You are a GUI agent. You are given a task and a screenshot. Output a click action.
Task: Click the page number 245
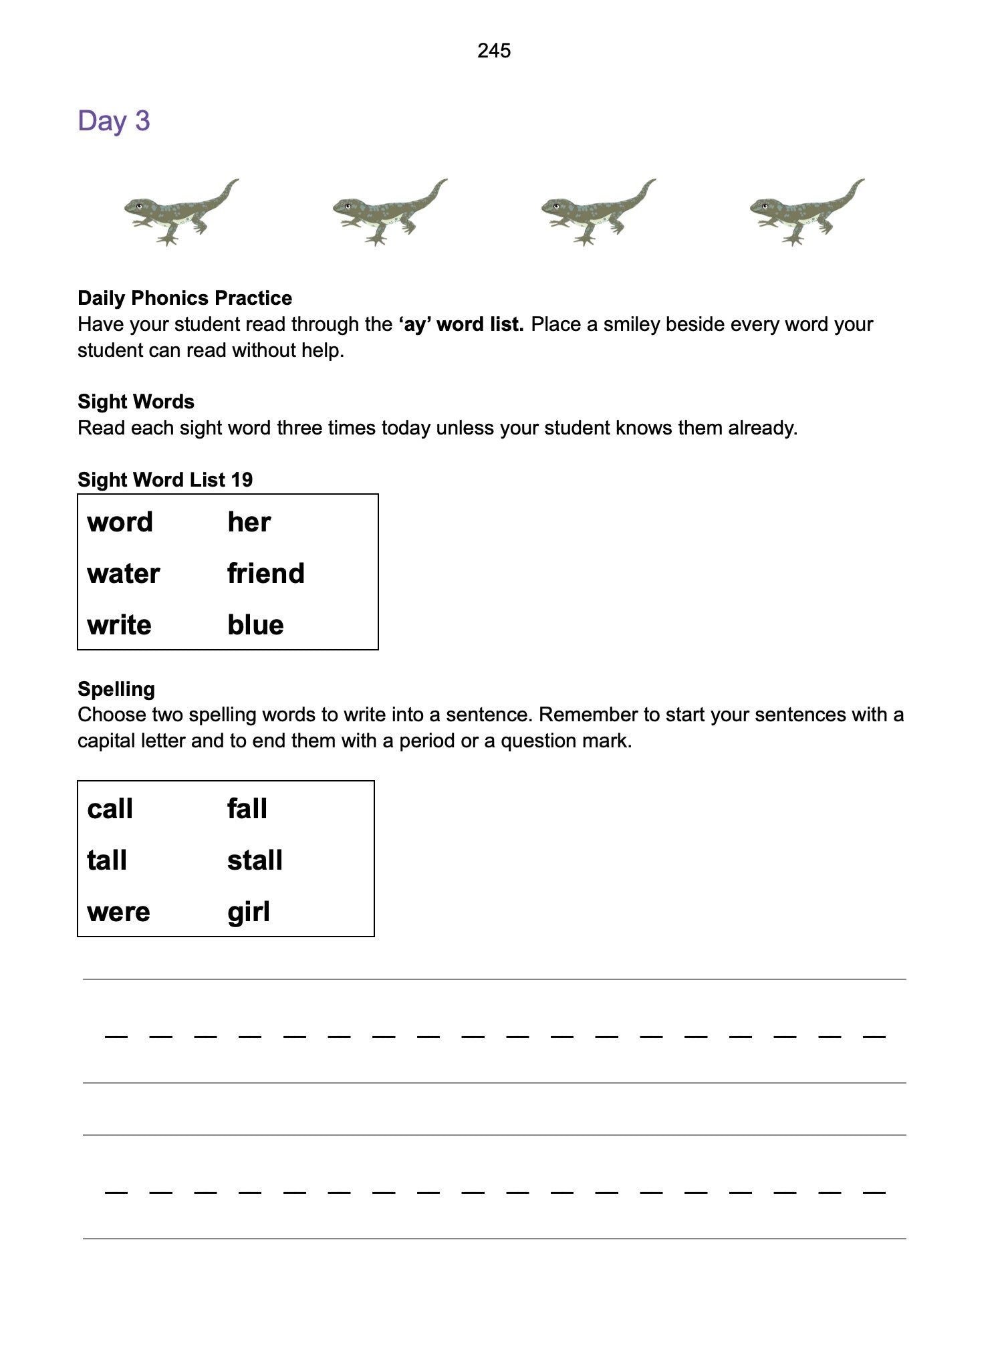click(x=494, y=51)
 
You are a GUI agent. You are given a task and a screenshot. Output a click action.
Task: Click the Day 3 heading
click(x=114, y=121)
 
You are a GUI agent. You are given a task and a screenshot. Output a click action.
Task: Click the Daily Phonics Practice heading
click(x=184, y=298)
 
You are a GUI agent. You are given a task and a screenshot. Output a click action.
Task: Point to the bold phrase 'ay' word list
click(x=461, y=325)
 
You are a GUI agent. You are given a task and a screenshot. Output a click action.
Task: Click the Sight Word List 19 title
click(x=165, y=480)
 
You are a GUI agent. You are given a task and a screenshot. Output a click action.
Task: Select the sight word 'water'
click(x=124, y=574)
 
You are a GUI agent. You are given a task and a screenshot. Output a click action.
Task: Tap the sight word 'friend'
click(x=265, y=574)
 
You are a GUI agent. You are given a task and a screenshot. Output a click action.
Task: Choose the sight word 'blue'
click(x=255, y=626)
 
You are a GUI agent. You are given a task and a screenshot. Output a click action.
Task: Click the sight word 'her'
click(x=249, y=523)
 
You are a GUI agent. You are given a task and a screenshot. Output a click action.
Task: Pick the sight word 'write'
click(x=119, y=626)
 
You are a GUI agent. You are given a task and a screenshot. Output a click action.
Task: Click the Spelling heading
click(x=116, y=689)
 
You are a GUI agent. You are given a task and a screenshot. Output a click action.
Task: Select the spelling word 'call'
click(x=110, y=810)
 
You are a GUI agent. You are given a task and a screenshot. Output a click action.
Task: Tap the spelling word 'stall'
click(x=255, y=861)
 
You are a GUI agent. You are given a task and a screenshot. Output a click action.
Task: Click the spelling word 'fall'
click(x=247, y=810)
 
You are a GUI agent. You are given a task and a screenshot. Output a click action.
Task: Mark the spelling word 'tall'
click(x=107, y=861)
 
